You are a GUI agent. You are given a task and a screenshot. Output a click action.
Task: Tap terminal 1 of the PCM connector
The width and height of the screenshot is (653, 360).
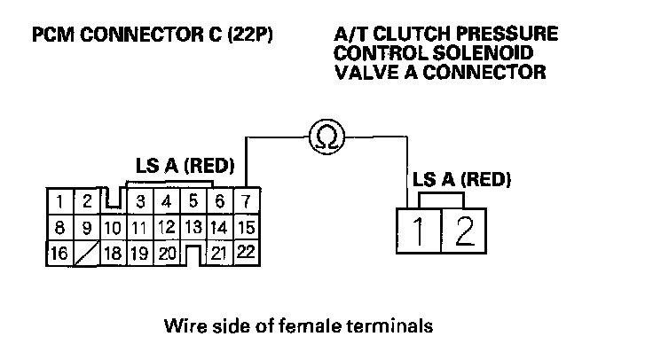tap(58, 200)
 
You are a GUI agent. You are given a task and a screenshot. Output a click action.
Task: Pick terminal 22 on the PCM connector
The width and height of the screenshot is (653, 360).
tap(246, 252)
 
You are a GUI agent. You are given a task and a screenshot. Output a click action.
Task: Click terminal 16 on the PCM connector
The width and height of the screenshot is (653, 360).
tap(58, 253)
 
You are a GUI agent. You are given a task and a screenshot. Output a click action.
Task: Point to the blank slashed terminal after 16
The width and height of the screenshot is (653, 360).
tap(85, 253)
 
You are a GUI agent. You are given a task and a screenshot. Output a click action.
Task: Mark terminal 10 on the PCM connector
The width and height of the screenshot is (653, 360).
tap(112, 228)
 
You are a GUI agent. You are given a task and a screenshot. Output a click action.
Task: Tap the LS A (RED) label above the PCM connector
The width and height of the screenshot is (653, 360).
tap(184, 166)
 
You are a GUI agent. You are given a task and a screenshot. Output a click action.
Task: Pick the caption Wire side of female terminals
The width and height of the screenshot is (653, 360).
tap(298, 325)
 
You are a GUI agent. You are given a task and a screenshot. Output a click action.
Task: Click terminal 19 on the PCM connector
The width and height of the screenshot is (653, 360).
tap(139, 253)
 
